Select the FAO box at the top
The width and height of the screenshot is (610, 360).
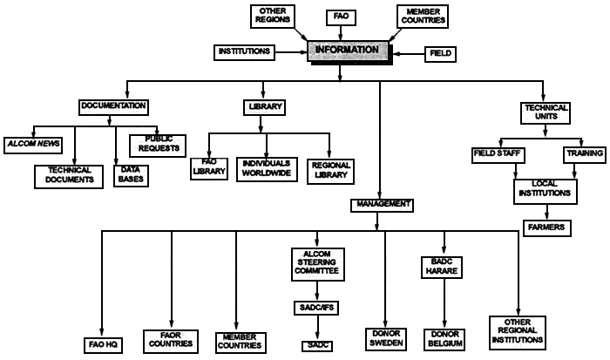coord(340,16)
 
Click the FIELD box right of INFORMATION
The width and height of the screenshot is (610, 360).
coord(439,53)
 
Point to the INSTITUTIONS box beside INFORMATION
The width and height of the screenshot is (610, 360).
coord(243,52)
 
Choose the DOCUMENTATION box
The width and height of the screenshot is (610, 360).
coord(112,106)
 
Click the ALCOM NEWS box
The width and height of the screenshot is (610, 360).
coord(32,142)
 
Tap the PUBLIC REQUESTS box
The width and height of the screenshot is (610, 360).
coord(157,142)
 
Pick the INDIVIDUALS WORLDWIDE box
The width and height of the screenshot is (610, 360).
coord(267,167)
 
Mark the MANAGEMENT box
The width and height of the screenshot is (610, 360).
coord(382,204)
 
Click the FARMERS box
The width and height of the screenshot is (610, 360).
coord(546,227)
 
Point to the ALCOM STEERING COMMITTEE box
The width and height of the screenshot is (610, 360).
coord(317,262)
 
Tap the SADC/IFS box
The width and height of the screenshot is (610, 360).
coord(317,307)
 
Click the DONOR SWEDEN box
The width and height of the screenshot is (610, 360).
coord(384,338)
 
